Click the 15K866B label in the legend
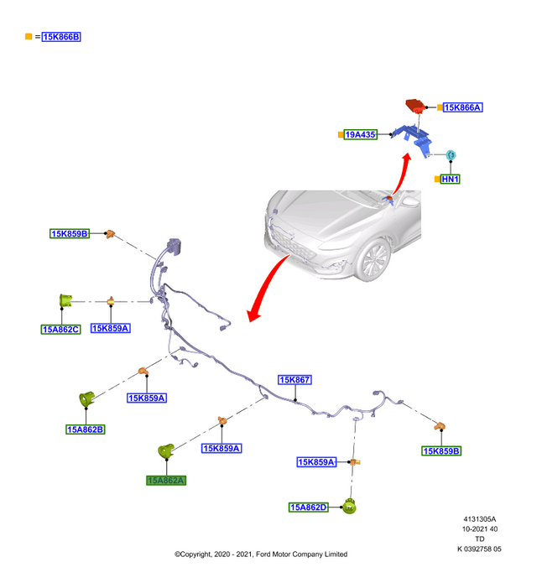point(60,37)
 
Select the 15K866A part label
point(462,107)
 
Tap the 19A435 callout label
point(361,134)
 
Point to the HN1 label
point(451,179)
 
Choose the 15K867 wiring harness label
point(295,380)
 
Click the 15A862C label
point(60,329)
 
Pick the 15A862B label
point(86,429)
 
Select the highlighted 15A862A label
point(166,480)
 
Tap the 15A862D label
point(309,507)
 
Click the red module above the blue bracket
point(415,106)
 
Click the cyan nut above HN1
point(450,154)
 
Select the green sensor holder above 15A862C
point(64,300)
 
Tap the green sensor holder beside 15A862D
point(351,506)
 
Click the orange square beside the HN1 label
point(436,179)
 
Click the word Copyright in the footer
point(196,554)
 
